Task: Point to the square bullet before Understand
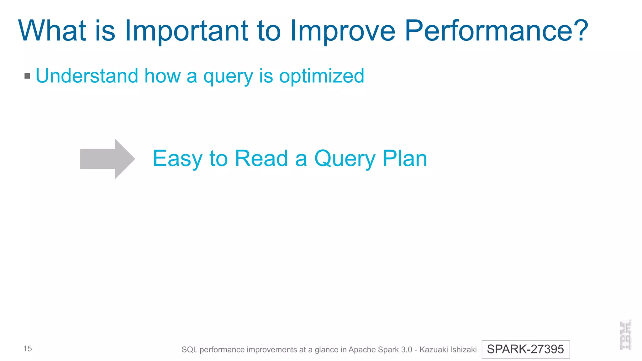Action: coord(27,76)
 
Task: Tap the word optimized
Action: coord(322,76)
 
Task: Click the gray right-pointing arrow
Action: coord(108,159)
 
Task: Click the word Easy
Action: coord(178,159)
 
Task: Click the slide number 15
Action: coord(28,348)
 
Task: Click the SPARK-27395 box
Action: coord(525,349)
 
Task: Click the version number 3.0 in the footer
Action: coord(406,349)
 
